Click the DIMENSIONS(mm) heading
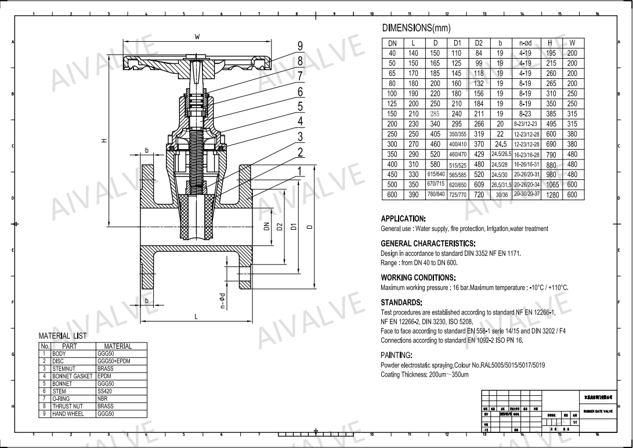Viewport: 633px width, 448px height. pos(416,28)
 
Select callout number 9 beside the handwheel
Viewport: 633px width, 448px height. pos(301,46)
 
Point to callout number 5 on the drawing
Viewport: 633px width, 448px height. pos(301,106)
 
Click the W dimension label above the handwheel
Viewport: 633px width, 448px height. pos(197,37)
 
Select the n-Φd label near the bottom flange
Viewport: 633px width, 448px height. pos(222,301)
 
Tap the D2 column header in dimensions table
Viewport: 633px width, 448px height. pos(479,44)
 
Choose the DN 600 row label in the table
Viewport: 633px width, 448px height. pos(392,195)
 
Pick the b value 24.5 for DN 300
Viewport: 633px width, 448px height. pos(500,144)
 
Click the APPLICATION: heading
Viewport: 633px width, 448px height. pos(403,219)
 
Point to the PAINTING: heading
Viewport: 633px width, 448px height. pos(396,355)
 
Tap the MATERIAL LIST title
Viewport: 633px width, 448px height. pos(62,336)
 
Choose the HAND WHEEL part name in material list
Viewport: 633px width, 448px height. pos(68,414)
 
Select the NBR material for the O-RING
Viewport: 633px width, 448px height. pos(102,399)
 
